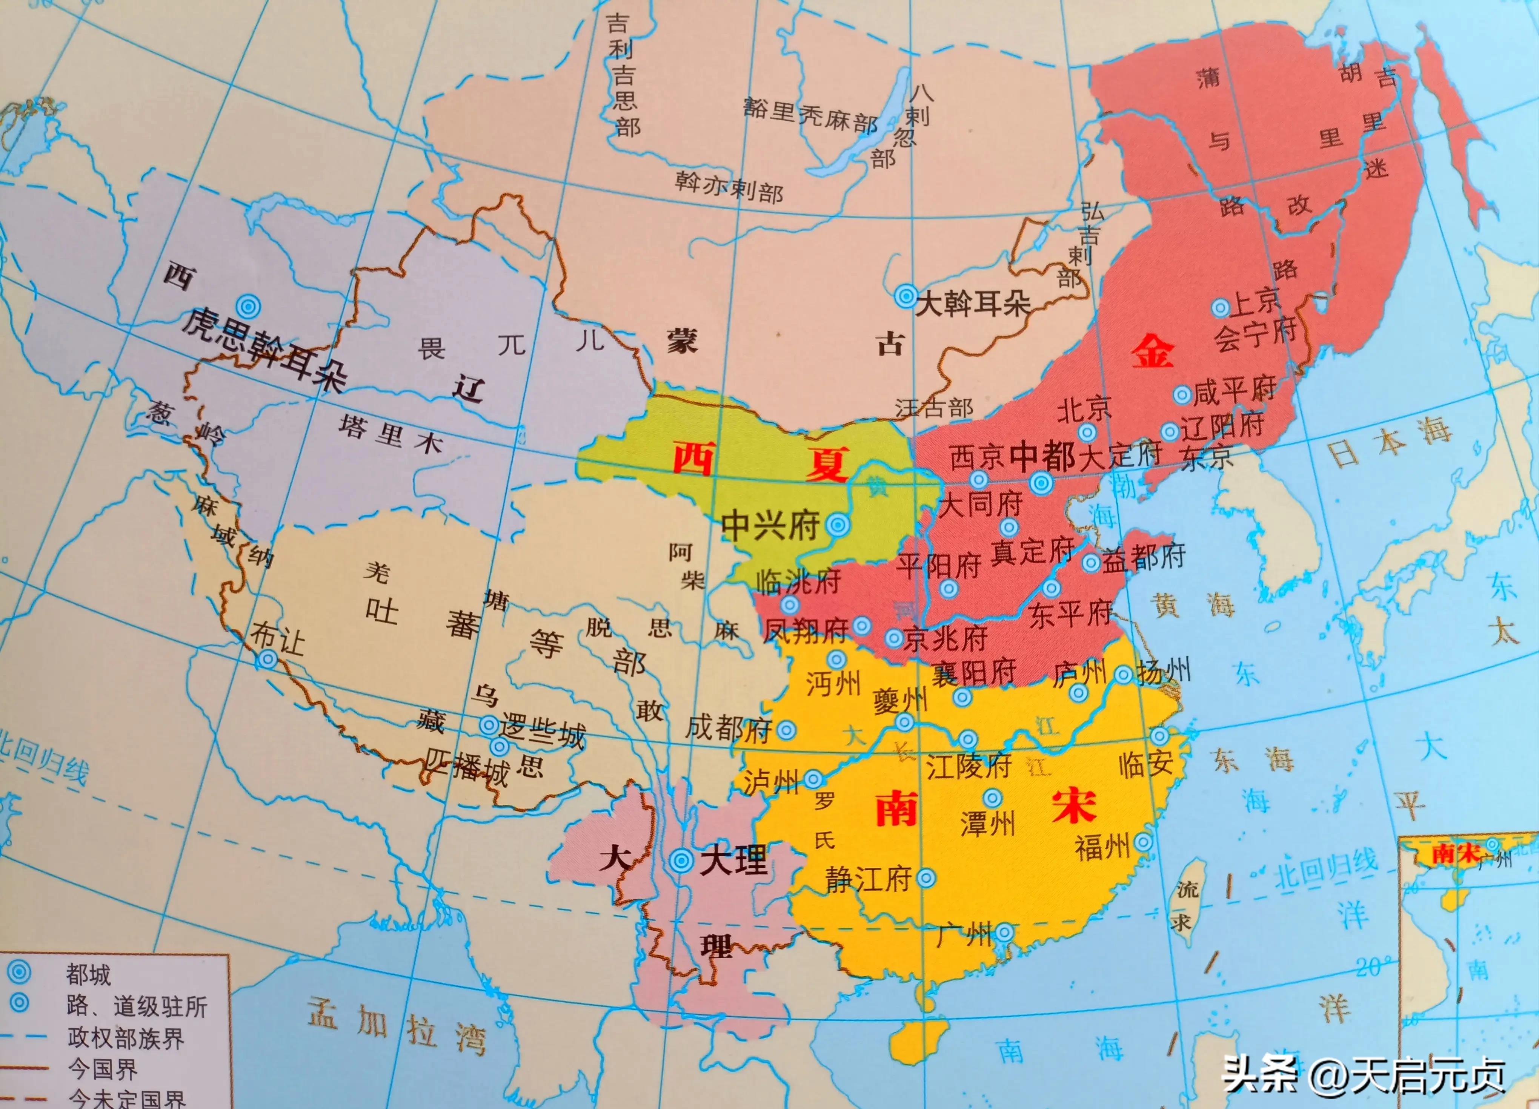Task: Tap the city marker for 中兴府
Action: point(838,524)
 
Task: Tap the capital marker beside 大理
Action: point(681,861)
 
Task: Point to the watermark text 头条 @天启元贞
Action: point(1364,1075)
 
